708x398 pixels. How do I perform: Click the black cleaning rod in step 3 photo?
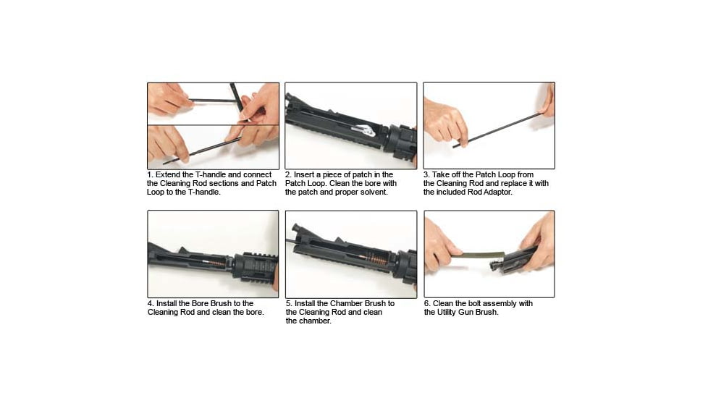(x=500, y=130)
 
